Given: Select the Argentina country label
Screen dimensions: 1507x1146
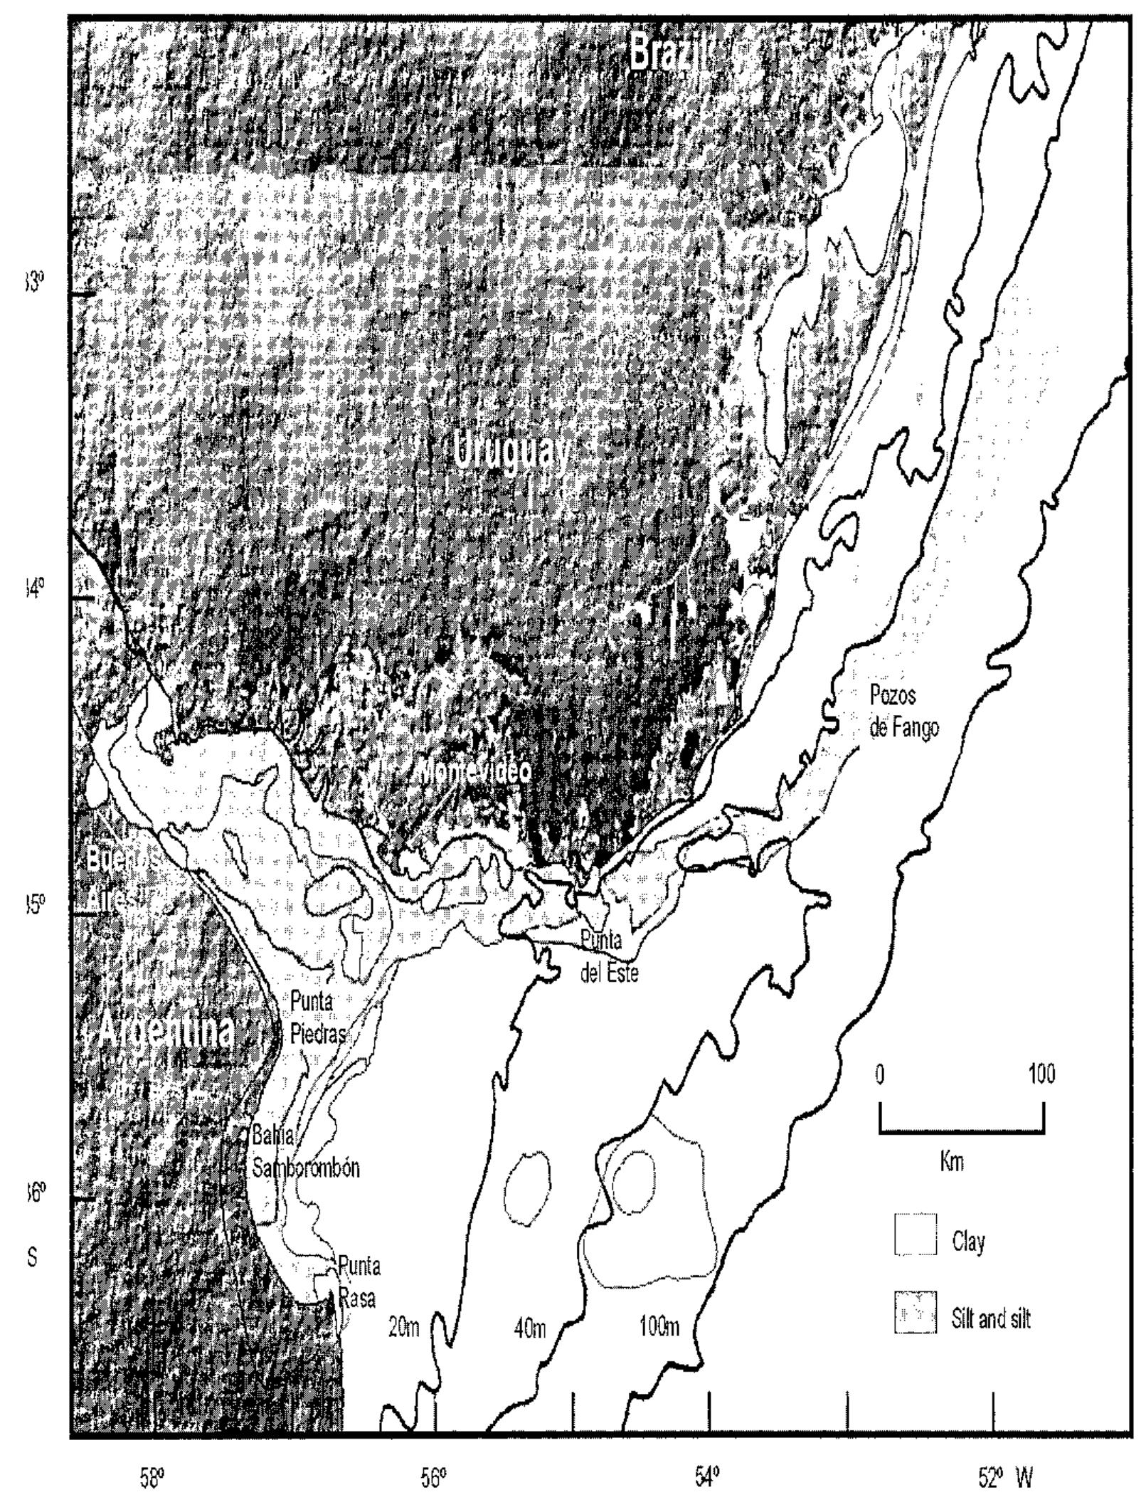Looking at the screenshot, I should (165, 1031).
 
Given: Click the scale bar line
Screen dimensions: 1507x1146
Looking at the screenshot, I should (961, 1131).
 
